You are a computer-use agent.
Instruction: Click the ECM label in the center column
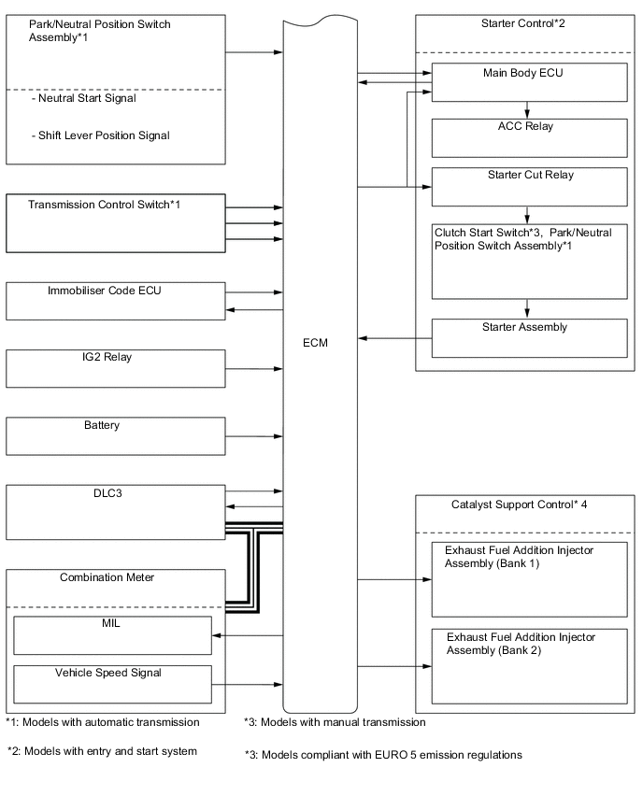pyautogui.click(x=316, y=343)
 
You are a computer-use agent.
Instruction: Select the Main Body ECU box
pyautogui.click(x=529, y=82)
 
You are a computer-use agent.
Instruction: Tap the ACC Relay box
pyautogui.click(x=529, y=137)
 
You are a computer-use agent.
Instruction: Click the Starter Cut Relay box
pyautogui.click(x=529, y=187)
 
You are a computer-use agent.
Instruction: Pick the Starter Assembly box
pyautogui.click(x=529, y=338)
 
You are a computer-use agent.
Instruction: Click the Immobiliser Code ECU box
pyautogui.click(x=116, y=301)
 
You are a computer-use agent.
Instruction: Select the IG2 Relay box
pyautogui.click(x=116, y=368)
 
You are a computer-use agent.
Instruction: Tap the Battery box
pyautogui.click(x=116, y=436)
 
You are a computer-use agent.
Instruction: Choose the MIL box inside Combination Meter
pyautogui.click(x=112, y=635)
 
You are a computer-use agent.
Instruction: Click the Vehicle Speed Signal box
pyautogui.click(x=112, y=685)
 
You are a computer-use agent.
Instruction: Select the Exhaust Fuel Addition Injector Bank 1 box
pyautogui.click(x=529, y=578)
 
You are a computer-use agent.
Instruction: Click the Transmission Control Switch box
pyautogui.click(x=116, y=222)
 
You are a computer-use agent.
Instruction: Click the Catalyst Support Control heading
pyautogui.click(x=512, y=505)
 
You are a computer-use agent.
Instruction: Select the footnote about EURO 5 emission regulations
pyautogui.click(x=383, y=754)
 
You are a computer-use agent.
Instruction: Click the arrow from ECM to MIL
pyautogui.click(x=249, y=635)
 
